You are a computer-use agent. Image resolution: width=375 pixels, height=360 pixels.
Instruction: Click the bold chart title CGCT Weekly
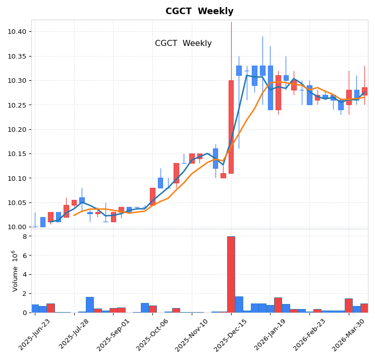(199, 12)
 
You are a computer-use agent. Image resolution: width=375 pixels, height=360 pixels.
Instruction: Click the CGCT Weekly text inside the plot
(183, 43)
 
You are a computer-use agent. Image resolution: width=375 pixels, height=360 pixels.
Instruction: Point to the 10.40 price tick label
(17, 32)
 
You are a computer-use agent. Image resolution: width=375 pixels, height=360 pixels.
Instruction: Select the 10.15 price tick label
(17, 154)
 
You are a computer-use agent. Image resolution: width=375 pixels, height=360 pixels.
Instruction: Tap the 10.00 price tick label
(17, 227)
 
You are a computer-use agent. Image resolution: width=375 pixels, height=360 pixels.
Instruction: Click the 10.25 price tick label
(17, 105)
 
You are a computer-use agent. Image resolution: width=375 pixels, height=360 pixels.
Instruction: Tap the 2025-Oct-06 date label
(153, 334)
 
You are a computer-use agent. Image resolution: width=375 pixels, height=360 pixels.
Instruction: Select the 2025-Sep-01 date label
(114, 334)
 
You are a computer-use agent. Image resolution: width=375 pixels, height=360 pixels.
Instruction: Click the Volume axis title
(15, 271)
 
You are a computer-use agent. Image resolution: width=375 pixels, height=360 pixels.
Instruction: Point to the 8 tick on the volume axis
(24, 236)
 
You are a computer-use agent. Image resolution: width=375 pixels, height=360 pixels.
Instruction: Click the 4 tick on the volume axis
(24, 275)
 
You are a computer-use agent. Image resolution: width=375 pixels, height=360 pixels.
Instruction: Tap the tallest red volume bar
(231, 275)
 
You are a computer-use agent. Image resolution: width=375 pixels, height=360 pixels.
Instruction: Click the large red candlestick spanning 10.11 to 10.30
(231, 127)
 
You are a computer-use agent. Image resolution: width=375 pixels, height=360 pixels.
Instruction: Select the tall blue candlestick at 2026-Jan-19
(271, 88)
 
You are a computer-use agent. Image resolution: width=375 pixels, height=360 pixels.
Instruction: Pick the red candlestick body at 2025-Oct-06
(152, 196)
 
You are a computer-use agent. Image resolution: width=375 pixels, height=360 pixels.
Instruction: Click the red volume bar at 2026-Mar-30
(364, 308)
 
